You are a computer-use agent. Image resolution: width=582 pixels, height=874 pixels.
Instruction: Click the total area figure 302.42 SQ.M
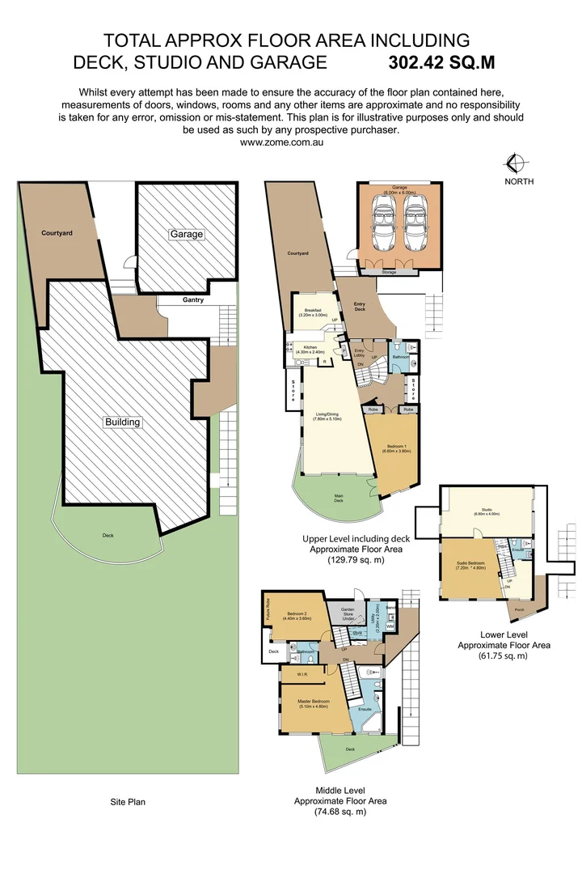[x=441, y=62]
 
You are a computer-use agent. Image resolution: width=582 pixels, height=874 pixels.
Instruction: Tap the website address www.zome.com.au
[x=282, y=142]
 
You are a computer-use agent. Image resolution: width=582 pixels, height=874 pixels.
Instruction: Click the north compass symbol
[x=509, y=163]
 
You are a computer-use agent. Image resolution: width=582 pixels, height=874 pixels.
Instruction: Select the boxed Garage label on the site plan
[x=186, y=234]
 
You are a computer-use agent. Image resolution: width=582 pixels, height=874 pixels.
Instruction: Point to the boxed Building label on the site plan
[x=122, y=422]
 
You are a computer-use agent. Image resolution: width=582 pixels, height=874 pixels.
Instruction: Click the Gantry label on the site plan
[x=193, y=300]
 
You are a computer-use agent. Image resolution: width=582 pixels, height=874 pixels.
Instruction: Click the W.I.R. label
[x=302, y=672]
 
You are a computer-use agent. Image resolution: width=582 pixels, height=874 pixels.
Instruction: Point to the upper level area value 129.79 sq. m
[x=356, y=559]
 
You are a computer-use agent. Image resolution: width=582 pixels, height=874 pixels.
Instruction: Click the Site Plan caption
[x=128, y=802]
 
